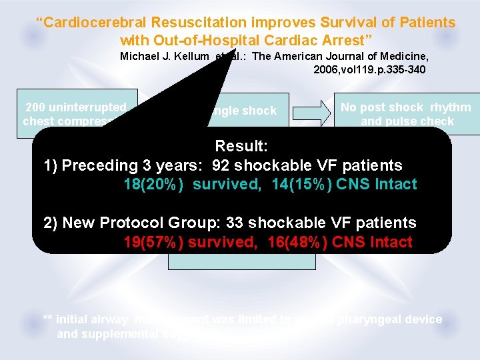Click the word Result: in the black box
point(242,146)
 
